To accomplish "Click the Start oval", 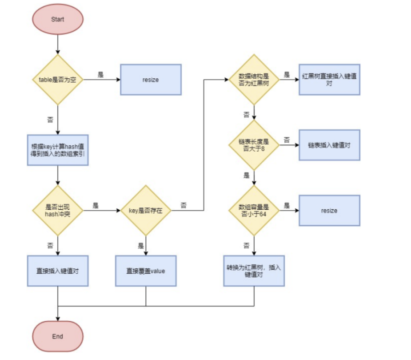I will pyautogui.click(x=58, y=20).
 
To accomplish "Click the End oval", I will pyautogui.click(x=58, y=336).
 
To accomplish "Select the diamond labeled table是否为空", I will pyautogui.click(x=58, y=80).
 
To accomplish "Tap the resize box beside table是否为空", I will pyautogui.click(x=151, y=80).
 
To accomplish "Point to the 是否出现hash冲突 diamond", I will pyautogui.click(x=58, y=211).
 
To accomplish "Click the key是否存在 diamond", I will pyautogui.click(x=146, y=211).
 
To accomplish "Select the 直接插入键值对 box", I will pyautogui.click(x=58, y=271).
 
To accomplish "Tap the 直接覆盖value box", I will pyautogui.click(x=146, y=271).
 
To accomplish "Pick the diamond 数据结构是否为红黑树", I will pyautogui.click(x=254, y=80).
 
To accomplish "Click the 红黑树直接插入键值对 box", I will pyautogui.click(x=329, y=79).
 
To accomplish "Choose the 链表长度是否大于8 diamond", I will pyautogui.click(x=254, y=145).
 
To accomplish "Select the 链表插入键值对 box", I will pyautogui.click(x=329, y=145).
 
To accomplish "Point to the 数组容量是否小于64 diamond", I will pyautogui.click(x=254, y=211).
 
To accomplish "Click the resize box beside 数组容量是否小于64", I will pyautogui.click(x=329, y=211).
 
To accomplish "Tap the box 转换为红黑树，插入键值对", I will pyautogui.click(x=254, y=271).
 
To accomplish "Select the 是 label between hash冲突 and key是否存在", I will pyautogui.click(x=95, y=205).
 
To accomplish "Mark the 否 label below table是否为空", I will pyautogui.click(x=50, y=118).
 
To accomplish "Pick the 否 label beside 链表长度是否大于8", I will pyautogui.click(x=287, y=140).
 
